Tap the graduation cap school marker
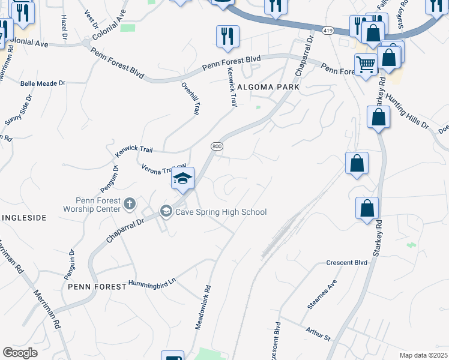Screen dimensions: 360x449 [x=182, y=179]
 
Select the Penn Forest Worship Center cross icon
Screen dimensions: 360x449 [x=129, y=205]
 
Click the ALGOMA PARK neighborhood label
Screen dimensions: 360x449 [x=268, y=87]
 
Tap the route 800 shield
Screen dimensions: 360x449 [x=217, y=146]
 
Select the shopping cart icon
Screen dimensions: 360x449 [x=366, y=64]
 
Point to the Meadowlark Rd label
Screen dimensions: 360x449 [x=203, y=307]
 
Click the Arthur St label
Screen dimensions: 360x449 [x=318, y=334]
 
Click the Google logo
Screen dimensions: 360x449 [x=20, y=353]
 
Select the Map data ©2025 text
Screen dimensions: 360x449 [x=423, y=355]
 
